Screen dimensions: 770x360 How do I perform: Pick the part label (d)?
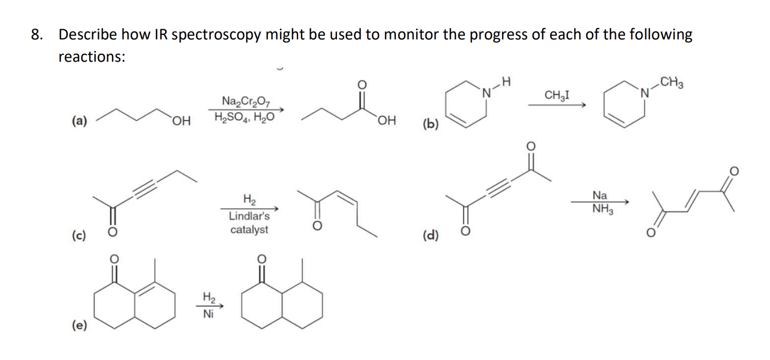point(430,235)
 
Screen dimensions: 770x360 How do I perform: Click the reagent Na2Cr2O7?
point(244,103)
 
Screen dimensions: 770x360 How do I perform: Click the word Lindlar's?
point(249,216)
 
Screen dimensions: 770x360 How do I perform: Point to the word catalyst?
point(249,230)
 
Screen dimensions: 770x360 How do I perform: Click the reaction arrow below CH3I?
point(556,105)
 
